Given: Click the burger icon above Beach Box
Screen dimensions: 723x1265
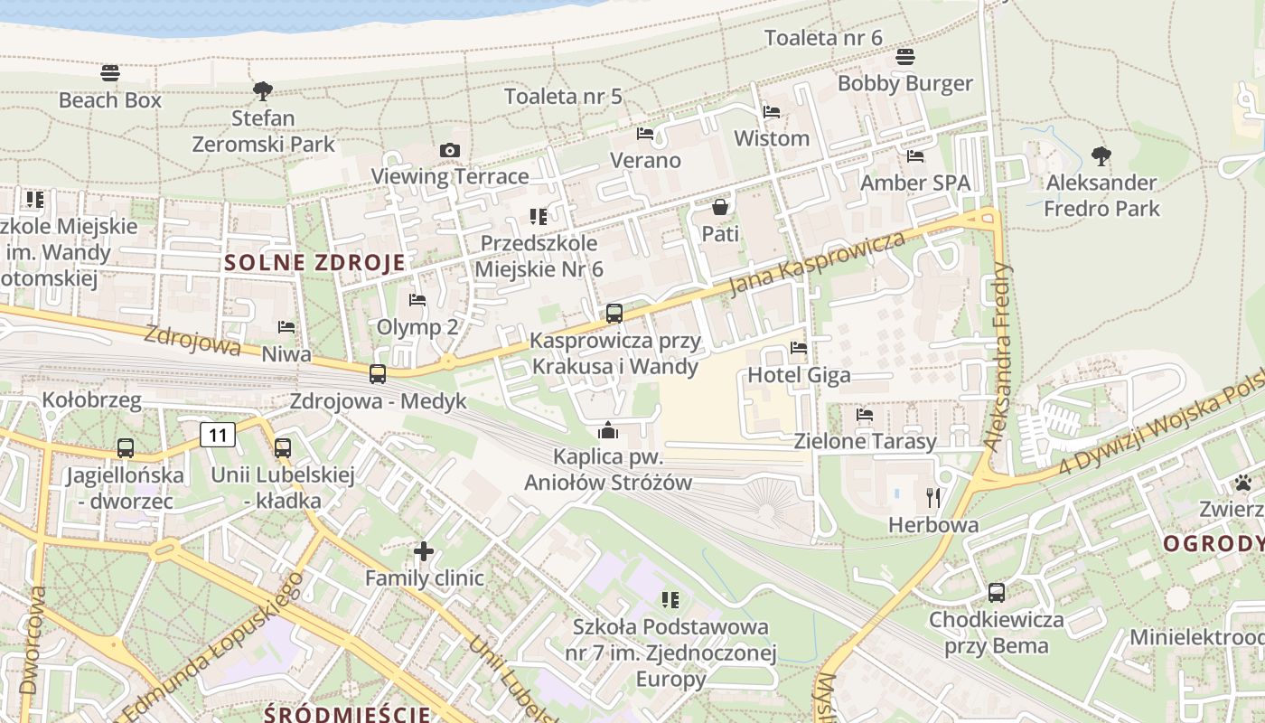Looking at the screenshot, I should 110,72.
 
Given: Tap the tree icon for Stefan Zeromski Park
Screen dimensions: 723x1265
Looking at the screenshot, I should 263,90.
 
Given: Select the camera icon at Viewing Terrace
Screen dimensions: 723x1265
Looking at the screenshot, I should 450,150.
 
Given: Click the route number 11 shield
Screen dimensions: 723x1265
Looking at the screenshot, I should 218,436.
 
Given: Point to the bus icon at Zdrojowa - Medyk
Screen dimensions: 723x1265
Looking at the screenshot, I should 378,373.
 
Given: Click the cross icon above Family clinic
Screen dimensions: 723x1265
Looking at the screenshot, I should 424,550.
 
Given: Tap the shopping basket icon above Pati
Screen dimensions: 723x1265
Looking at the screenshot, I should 719,207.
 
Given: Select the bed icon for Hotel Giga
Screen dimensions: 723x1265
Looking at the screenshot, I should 799,347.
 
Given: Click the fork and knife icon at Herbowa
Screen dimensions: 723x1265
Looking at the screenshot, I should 933,497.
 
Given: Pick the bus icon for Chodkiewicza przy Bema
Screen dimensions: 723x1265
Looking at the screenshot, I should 996,593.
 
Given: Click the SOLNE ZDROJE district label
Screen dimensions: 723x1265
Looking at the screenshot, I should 314,263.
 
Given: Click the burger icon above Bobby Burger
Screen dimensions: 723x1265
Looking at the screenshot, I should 905,57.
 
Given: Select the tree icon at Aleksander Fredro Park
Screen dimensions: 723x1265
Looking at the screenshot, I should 1101,155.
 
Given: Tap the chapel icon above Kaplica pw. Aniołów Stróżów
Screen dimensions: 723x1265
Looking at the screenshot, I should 608,429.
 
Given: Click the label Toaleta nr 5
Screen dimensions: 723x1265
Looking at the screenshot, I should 563,97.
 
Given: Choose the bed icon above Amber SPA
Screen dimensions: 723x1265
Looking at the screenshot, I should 915,156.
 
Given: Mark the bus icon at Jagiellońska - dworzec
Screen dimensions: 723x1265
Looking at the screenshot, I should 126,447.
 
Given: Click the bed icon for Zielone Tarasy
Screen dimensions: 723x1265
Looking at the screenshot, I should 865,415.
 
